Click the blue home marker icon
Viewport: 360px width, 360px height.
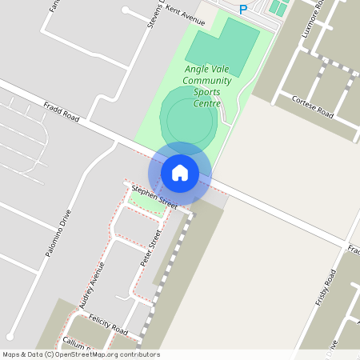click(x=180, y=172)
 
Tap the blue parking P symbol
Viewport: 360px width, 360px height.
click(x=244, y=10)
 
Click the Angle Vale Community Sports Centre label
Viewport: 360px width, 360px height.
click(x=207, y=86)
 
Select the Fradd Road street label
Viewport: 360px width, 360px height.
click(x=62, y=110)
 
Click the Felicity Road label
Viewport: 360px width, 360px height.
click(x=108, y=324)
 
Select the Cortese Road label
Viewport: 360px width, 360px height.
click(x=312, y=108)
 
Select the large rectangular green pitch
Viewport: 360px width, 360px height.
click(x=222, y=45)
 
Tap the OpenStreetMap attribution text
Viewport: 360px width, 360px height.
click(x=81, y=354)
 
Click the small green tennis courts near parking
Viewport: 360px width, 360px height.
click(x=278, y=7)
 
